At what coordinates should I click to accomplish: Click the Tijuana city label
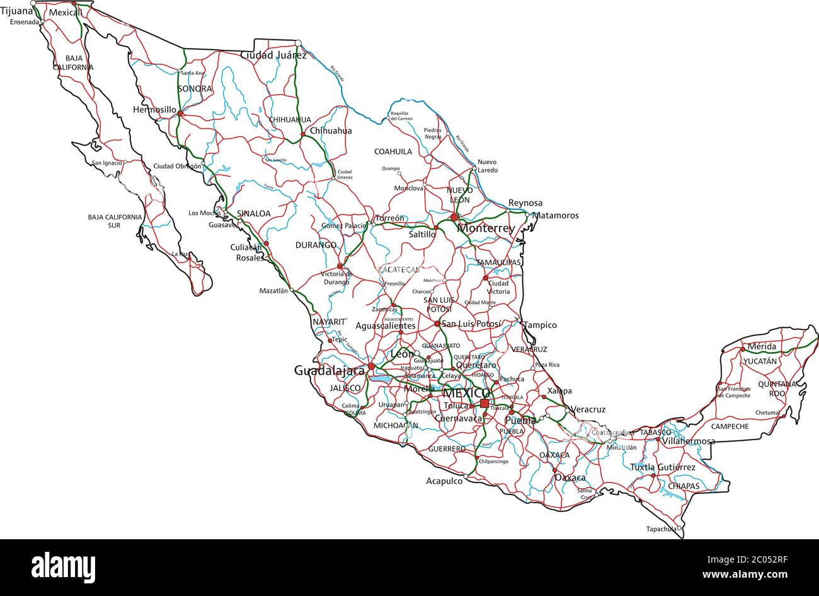click(x=16, y=11)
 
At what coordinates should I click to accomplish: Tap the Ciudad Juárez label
click(x=273, y=55)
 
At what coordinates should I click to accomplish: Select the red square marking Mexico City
click(x=484, y=403)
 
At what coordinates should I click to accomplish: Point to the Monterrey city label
click(x=486, y=228)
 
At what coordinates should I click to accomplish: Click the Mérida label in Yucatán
click(x=762, y=346)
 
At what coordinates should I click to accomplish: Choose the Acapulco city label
click(x=444, y=481)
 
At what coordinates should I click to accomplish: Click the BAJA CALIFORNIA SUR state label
click(x=115, y=221)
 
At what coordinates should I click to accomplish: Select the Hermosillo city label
click(x=155, y=110)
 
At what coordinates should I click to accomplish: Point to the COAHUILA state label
click(x=393, y=151)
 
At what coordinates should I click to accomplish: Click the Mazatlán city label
click(x=273, y=291)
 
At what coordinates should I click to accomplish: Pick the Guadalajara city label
click(x=329, y=371)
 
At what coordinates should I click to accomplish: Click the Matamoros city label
click(x=555, y=216)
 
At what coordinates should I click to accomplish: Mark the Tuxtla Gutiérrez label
click(x=663, y=467)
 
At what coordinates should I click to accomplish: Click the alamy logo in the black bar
click(x=63, y=566)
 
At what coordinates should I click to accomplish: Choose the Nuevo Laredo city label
click(x=487, y=166)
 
